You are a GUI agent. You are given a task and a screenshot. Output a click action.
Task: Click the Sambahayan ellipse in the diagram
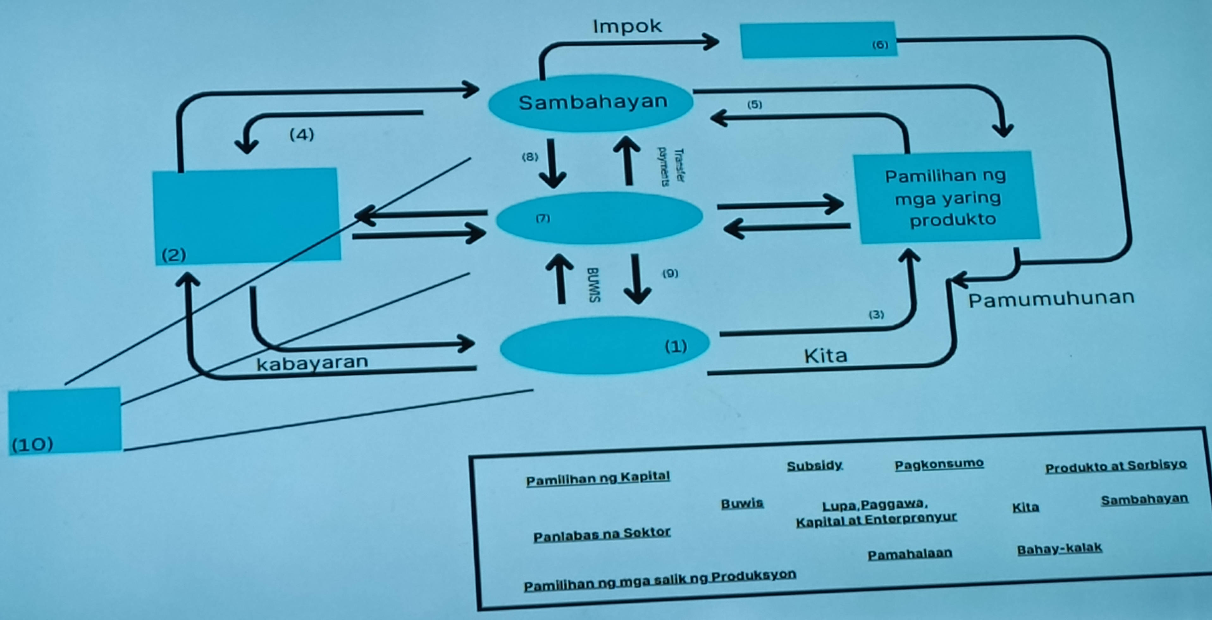pyautogui.click(x=591, y=102)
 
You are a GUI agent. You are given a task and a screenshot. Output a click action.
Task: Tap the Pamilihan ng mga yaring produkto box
pyautogui.click(x=947, y=198)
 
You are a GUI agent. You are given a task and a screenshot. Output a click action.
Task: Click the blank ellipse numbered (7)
pyautogui.click(x=599, y=218)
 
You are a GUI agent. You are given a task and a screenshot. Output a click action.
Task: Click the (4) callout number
pyautogui.click(x=302, y=135)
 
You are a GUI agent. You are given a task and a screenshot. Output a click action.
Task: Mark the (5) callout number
pyautogui.click(x=755, y=104)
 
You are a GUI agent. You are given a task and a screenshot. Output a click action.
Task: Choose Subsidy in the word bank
pyautogui.click(x=814, y=466)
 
